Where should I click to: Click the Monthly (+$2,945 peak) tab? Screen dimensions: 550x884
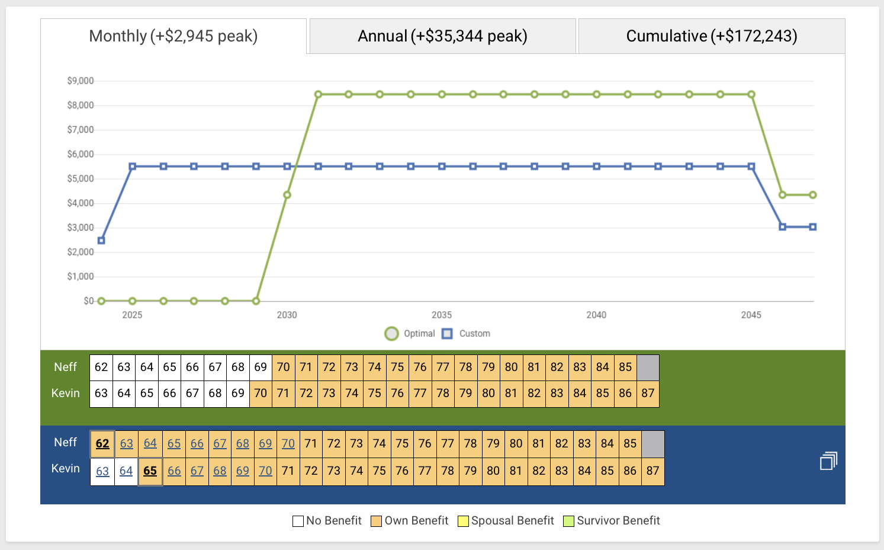coord(173,36)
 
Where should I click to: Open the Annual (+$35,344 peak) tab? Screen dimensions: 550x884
coord(442,36)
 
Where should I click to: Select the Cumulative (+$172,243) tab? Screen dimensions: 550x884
coord(712,36)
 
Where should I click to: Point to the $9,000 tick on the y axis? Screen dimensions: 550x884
coord(81,81)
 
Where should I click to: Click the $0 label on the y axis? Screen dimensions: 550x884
coord(89,301)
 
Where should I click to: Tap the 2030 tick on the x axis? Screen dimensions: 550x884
coord(287,315)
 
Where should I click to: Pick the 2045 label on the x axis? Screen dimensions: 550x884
coord(751,315)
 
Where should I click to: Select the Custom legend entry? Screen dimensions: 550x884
coord(474,334)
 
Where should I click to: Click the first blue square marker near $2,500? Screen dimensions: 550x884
coord(101,241)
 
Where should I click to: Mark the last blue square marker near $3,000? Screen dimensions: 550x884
coord(813,227)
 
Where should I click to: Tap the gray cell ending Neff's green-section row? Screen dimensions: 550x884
coord(648,367)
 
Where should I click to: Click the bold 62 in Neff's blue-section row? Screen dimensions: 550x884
coord(102,444)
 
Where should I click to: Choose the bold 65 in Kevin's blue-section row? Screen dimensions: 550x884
coord(150,471)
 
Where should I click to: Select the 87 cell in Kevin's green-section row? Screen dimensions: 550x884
coord(648,393)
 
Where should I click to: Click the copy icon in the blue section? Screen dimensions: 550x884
coord(828,461)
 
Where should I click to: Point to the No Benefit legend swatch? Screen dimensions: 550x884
coord(298,521)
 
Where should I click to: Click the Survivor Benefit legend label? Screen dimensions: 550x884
coord(618,520)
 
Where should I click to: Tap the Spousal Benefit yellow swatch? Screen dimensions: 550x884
coord(463,521)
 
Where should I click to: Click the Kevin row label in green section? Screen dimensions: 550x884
coord(65,393)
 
